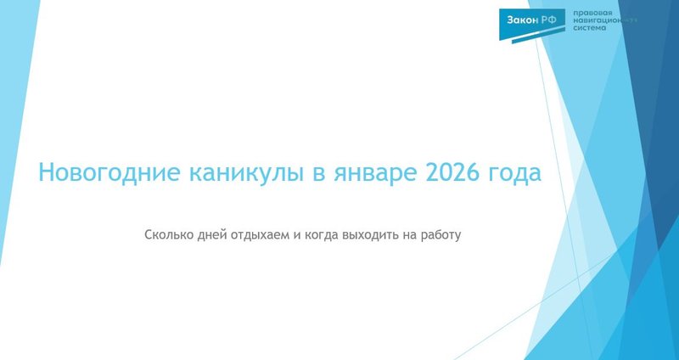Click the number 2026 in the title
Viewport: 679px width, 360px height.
[x=450, y=174]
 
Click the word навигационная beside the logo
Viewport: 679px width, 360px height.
[x=604, y=21]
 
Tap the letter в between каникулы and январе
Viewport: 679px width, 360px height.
[x=316, y=174]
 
